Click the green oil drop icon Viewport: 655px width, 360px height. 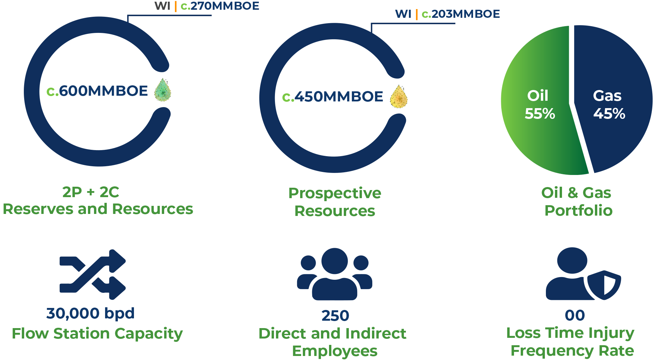pyautogui.click(x=163, y=90)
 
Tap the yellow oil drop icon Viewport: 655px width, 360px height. pyautogui.click(x=399, y=97)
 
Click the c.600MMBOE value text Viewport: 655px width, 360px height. pyautogui.click(x=97, y=91)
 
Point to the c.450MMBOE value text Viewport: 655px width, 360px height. pyautogui.click(x=333, y=97)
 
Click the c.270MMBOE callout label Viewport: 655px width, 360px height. pyautogui.click(x=220, y=6)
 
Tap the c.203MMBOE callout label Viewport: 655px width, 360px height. pyautogui.click(x=461, y=14)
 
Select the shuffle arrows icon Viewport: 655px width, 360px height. pyautogui.click(x=92, y=274)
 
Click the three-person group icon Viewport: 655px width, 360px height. pyautogui.click(x=334, y=274)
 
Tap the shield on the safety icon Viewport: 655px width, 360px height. pyautogui.click(x=605, y=285)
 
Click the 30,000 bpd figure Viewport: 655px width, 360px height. pyautogui.click(x=90, y=313)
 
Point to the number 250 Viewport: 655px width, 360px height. pyautogui.click(x=335, y=316)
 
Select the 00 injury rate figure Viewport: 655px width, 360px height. pyautogui.click(x=575, y=315)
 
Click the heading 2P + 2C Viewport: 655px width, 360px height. pyautogui.click(x=91, y=192)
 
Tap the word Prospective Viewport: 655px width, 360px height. pyautogui.click(x=335, y=193)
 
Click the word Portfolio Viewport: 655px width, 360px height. pyautogui.click(x=578, y=211)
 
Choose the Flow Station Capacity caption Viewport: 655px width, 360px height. pyautogui.click(x=97, y=333)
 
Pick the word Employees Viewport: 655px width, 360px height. pyautogui.click(x=335, y=351)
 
